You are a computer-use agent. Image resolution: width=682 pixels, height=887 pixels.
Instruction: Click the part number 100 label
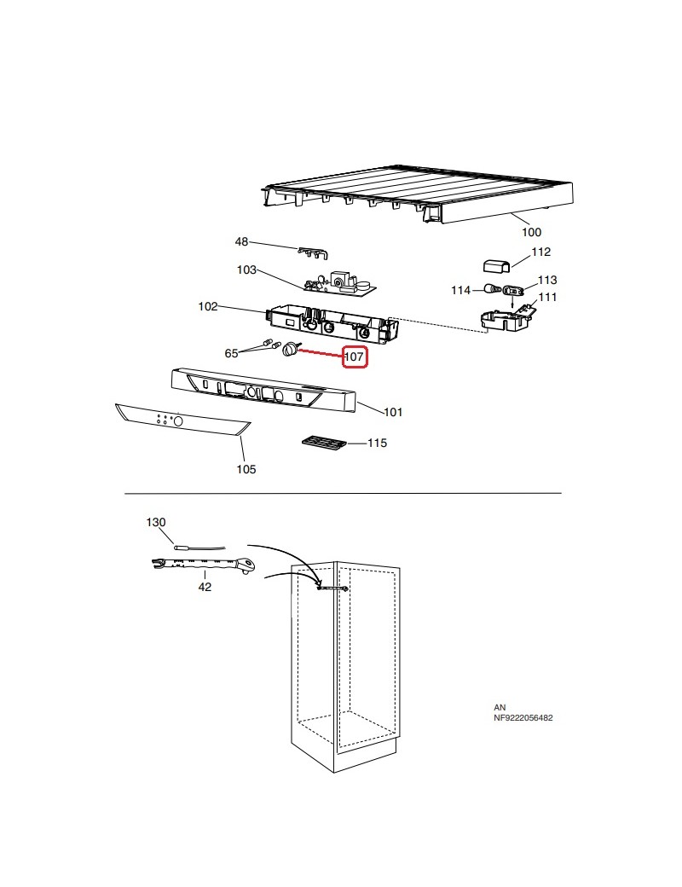pyautogui.click(x=531, y=232)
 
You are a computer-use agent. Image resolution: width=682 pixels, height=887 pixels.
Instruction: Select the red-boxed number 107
pyautogui.click(x=355, y=358)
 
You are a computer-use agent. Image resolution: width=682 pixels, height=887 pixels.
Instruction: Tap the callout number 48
pyautogui.click(x=241, y=242)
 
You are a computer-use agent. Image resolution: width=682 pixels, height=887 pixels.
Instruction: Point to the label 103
pyautogui.click(x=246, y=270)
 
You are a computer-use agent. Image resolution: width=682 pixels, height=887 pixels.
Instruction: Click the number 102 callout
pyautogui.click(x=208, y=306)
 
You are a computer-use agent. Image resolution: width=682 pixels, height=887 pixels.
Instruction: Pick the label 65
pyautogui.click(x=231, y=353)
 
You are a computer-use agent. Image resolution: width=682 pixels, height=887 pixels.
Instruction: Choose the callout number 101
pyautogui.click(x=392, y=413)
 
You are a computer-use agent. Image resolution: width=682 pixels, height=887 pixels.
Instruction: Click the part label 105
pyautogui.click(x=246, y=469)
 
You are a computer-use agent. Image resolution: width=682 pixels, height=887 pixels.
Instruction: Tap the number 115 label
pyautogui.click(x=377, y=443)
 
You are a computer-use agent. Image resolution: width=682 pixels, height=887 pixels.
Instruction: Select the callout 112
pyautogui.click(x=541, y=252)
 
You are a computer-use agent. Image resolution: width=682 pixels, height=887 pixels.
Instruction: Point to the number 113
pyautogui.click(x=546, y=280)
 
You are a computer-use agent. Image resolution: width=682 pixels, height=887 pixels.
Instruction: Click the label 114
pyautogui.click(x=460, y=291)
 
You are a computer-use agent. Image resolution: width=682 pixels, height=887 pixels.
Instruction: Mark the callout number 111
pyautogui.click(x=546, y=297)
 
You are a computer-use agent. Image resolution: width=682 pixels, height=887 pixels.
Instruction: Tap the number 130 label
pyautogui.click(x=156, y=522)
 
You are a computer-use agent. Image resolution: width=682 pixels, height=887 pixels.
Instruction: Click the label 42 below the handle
pyautogui.click(x=205, y=587)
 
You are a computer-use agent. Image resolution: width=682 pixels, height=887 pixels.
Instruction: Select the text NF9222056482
pyautogui.click(x=523, y=718)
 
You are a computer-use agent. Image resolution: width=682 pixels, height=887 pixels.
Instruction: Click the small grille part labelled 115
pyautogui.click(x=323, y=443)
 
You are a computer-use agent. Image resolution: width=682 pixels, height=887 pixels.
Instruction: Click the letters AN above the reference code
pyautogui.click(x=499, y=708)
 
